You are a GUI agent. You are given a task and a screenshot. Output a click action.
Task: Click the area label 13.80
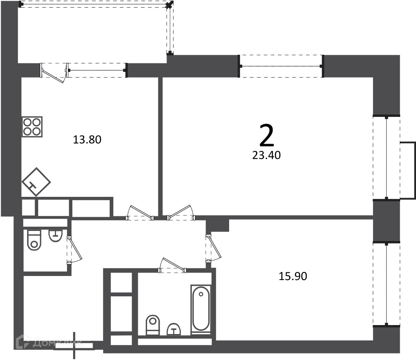pyautogui.click(x=87, y=140)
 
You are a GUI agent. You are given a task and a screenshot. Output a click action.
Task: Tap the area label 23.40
pyautogui.click(x=266, y=155)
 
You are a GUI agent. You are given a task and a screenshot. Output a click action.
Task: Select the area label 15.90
pyautogui.click(x=293, y=276)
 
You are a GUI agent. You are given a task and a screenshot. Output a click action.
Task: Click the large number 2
pyautogui.click(x=266, y=136)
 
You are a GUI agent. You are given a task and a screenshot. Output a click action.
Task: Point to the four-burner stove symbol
pyautogui.click(x=32, y=127)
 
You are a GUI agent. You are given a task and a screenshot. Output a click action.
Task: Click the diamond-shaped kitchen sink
pyautogui.click(x=36, y=182)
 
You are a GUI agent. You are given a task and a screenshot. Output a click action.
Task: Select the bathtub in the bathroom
pyautogui.click(x=201, y=308)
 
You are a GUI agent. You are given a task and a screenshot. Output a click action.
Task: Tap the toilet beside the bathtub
pyautogui.click(x=153, y=325)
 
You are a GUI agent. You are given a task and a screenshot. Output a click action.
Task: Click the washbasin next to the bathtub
pyautogui.click(x=174, y=329)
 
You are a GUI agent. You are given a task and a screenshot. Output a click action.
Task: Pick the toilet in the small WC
pyautogui.click(x=34, y=240)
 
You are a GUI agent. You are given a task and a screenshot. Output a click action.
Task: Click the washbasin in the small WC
pyautogui.click(x=55, y=236)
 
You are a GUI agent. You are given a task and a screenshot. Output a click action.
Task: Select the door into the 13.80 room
pyautogui.click(x=140, y=213)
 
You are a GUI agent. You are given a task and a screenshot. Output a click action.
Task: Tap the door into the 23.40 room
pyautogui.click(x=181, y=213)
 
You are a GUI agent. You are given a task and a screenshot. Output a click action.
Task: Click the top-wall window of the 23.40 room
pyautogui.click(x=282, y=66)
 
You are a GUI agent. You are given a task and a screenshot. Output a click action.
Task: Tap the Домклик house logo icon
pyautogui.click(x=23, y=342)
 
